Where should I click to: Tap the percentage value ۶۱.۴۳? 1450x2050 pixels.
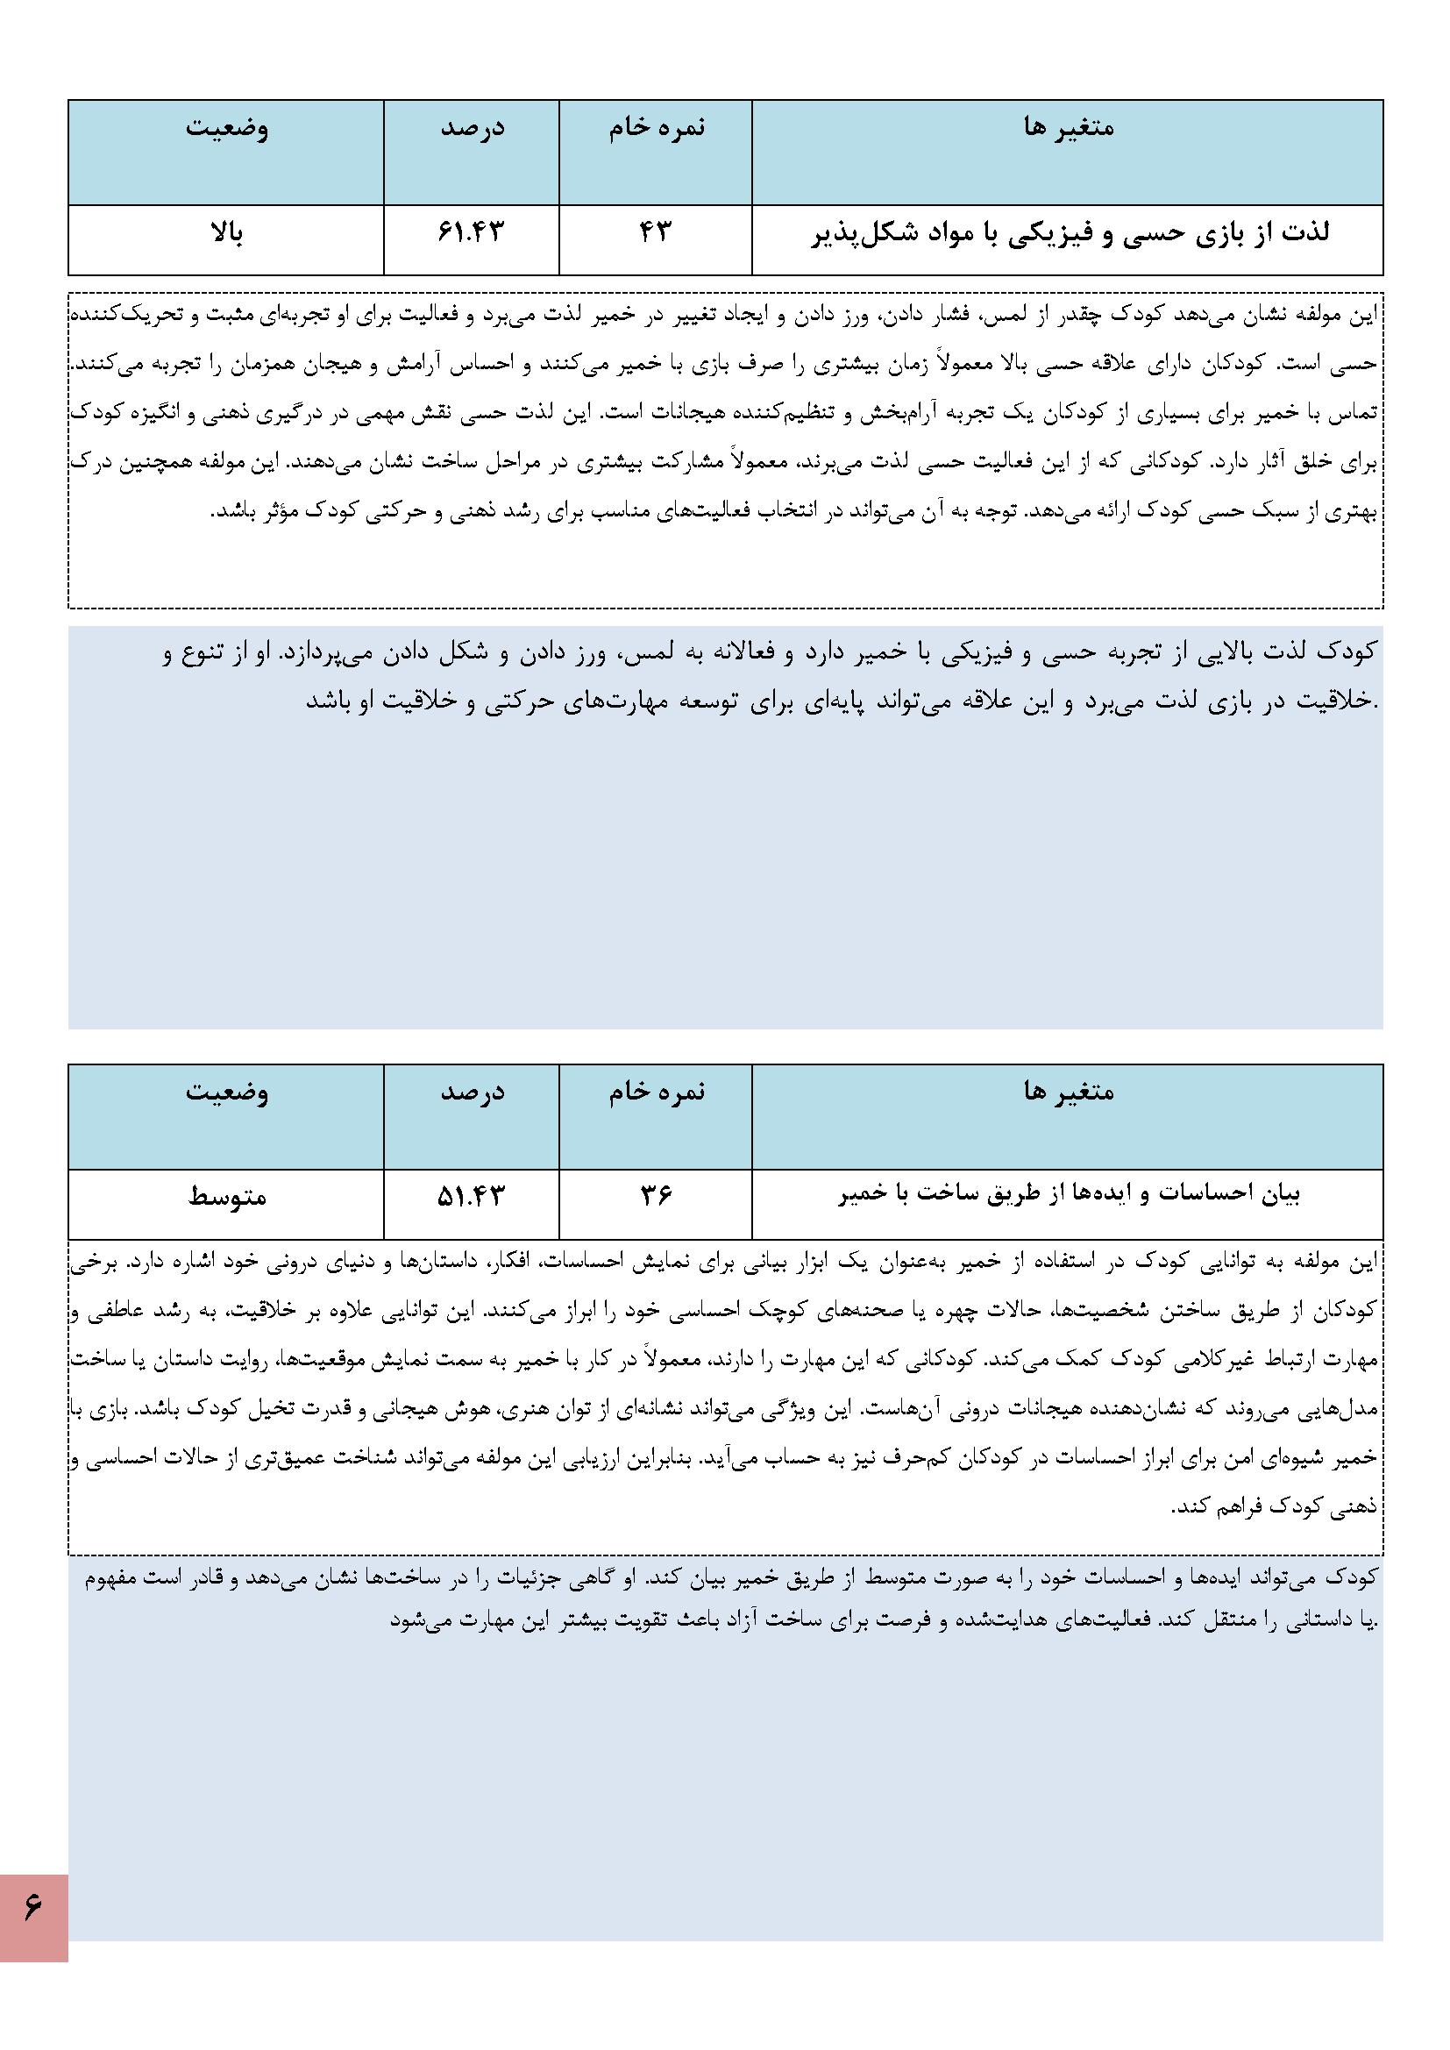pos(472,232)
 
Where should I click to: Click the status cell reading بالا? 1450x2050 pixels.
pos(226,234)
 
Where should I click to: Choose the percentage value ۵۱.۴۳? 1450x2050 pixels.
pos(472,1194)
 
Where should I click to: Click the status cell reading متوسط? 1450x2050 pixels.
pos(227,1195)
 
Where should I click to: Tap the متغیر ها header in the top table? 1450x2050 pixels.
pos(1069,128)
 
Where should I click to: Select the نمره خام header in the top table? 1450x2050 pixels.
pos(657,128)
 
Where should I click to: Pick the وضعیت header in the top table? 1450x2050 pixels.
pos(227,128)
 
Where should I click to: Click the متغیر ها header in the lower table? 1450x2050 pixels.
pos(1069,1091)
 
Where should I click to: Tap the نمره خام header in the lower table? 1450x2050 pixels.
pos(657,1091)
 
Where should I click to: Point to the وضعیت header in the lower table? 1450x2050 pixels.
pos(227,1091)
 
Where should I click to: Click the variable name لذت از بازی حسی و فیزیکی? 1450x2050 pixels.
pos(1069,233)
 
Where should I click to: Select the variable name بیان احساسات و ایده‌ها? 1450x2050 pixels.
pos(1069,1194)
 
